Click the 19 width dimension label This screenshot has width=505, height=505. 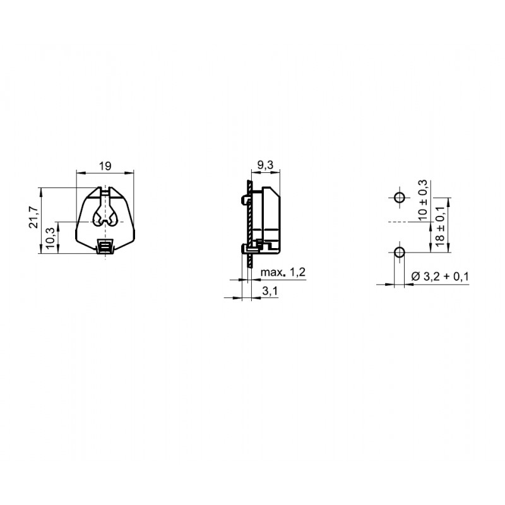point(105,166)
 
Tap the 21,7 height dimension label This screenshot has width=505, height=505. point(34,217)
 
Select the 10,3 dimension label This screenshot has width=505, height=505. point(50,238)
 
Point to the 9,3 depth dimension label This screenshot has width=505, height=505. point(265,165)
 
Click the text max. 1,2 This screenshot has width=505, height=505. point(283,273)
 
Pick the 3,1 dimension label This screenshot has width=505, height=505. point(270,291)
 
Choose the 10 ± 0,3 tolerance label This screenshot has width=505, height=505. point(422,200)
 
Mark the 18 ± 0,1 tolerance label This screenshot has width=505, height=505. point(440,226)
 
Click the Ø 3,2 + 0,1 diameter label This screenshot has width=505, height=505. point(440,276)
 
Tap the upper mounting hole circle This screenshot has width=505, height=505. point(400,197)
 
